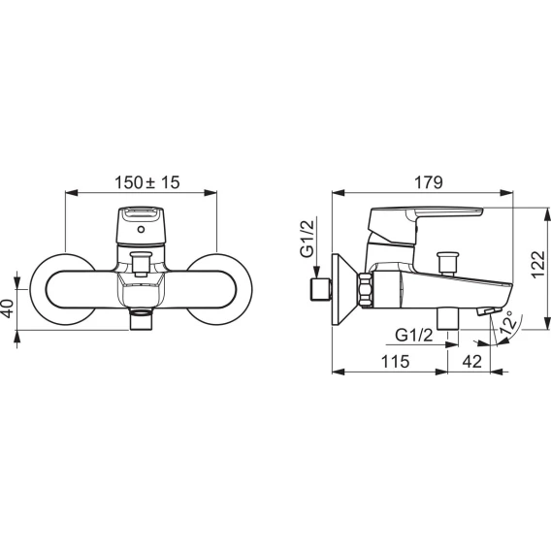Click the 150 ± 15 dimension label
(146, 182)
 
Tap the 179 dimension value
(429, 182)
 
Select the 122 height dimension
(538, 265)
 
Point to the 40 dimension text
(8, 308)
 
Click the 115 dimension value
(396, 361)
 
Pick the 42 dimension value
(471, 361)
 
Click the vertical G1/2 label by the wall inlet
(307, 238)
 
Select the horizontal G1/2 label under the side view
(414, 336)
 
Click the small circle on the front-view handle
(141, 230)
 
